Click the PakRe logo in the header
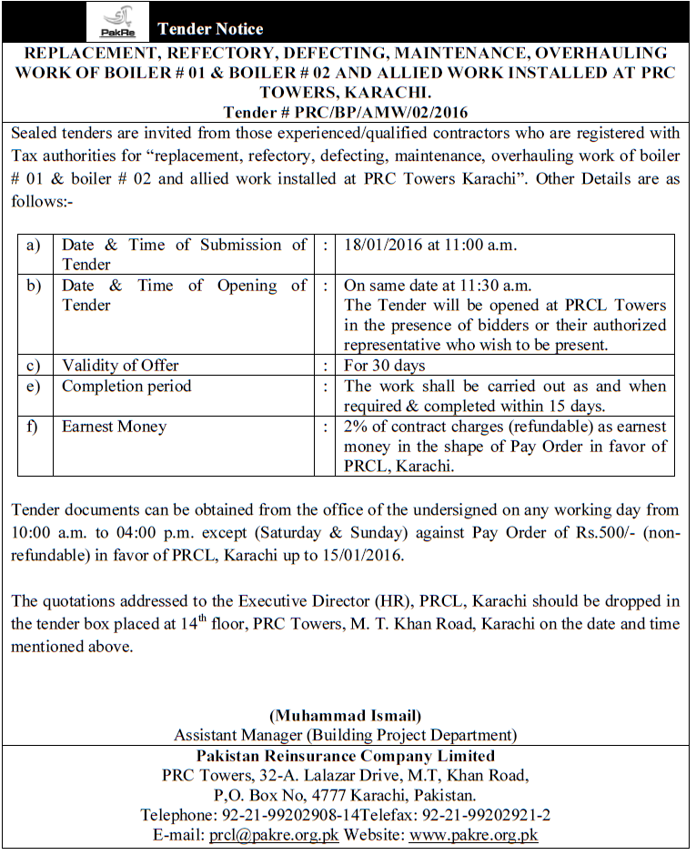click(117, 22)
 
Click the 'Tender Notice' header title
click(210, 29)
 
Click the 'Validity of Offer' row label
click(120, 366)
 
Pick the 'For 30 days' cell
click(385, 366)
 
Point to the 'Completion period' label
click(126, 387)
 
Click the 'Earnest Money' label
click(114, 427)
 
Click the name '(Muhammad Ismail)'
click(345, 715)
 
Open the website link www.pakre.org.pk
click(473, 835)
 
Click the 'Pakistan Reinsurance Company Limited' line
click(346, 756)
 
